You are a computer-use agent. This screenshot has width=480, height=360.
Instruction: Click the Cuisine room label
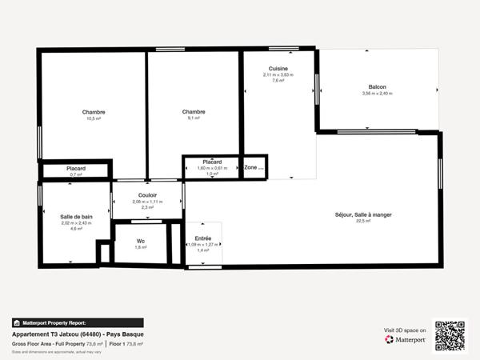click(278, 68)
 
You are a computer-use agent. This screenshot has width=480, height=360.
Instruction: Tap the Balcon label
click(378, 86)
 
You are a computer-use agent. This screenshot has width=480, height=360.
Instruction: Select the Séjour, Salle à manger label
click(363, 214)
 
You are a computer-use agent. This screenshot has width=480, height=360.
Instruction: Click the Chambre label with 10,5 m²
click(94, 112)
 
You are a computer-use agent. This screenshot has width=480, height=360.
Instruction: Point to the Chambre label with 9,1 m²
click(194, 112)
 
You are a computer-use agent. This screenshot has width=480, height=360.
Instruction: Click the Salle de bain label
click(76, 217)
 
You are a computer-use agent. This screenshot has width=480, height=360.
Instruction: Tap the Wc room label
click(141, 240)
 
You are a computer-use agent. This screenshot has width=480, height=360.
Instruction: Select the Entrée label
click(203, 238)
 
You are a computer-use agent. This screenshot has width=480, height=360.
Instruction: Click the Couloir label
click(147, 195)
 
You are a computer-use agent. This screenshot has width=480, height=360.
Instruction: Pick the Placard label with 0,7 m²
click(76, 169)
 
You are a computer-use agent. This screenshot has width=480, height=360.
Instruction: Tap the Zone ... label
click(254, 168)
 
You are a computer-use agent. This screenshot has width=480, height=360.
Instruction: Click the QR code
click(449, 335)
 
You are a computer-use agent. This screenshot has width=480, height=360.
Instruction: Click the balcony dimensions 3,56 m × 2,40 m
click(378, 94)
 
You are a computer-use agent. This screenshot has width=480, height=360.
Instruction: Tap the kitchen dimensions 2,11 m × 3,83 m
click(278, 74)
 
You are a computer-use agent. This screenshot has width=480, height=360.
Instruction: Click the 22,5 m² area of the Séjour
click(363, 222)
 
